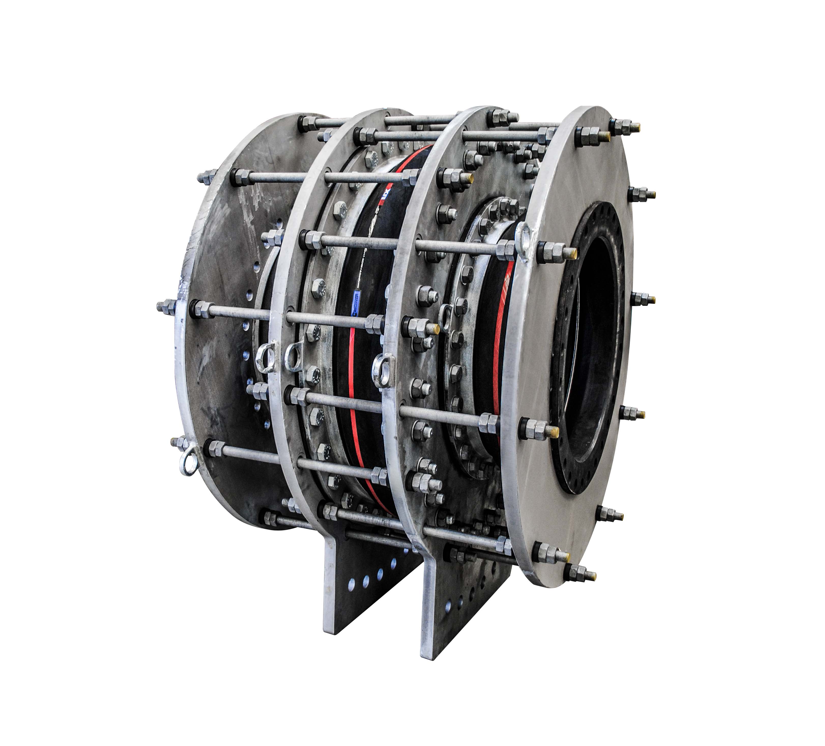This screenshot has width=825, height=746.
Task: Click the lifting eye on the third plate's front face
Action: (383, 370)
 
